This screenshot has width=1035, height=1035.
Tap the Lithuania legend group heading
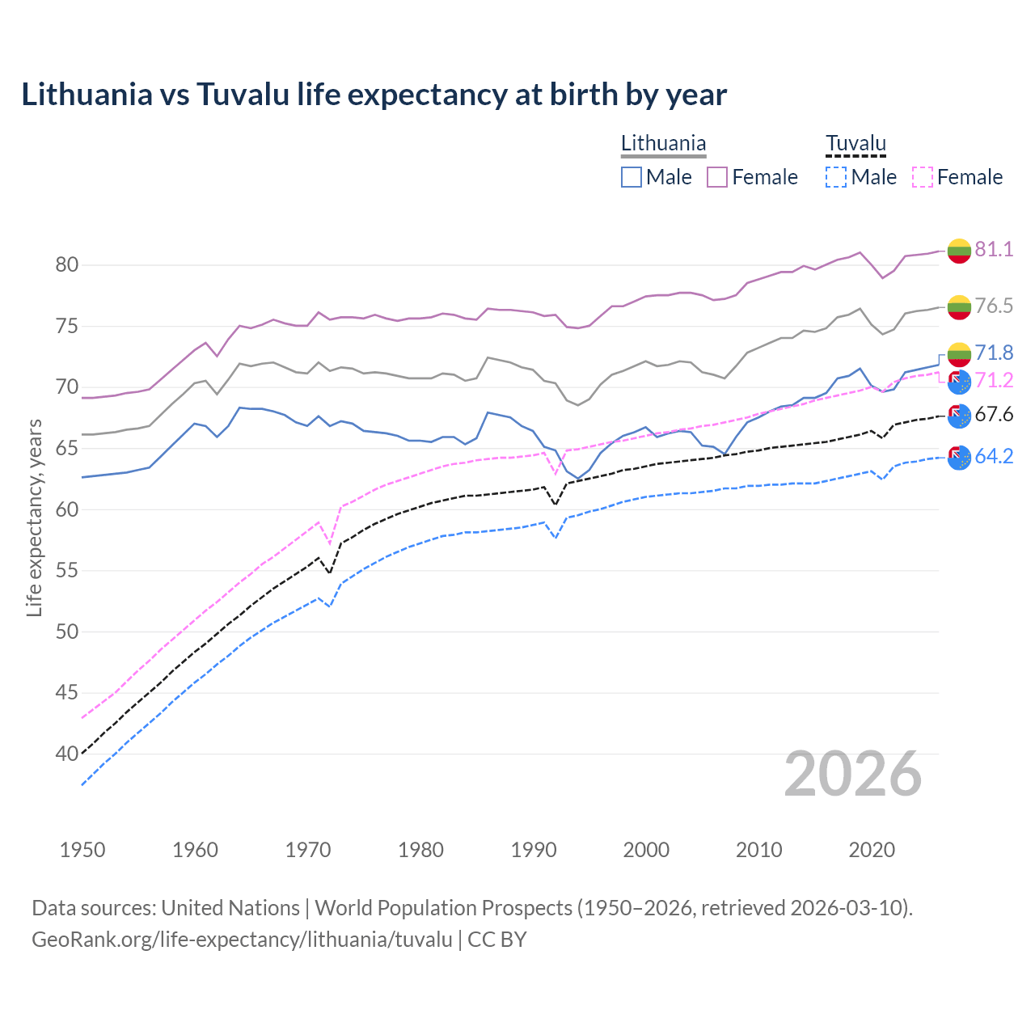pos(663,144)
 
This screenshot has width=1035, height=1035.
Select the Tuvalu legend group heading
pos(855,144)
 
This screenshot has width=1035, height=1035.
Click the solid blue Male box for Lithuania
pos(632,177)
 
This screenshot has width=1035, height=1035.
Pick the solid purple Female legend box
pos(717,177)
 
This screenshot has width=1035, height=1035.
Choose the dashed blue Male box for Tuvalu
pos(836,177)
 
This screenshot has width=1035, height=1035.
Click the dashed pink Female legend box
pos(922,177)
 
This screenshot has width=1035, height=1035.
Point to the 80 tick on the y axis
pos(66,265)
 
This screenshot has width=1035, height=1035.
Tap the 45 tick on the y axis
pos(66,692)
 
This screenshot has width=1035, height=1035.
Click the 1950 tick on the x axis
pos(82,850)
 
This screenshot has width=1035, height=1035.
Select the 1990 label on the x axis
pos(534,850)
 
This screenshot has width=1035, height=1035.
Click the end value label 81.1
pos(994,250)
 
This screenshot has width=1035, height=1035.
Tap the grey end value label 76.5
pos(994,306)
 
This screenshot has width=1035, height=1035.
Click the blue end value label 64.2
pos(994,457)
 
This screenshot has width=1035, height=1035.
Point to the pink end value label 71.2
pos(994,381)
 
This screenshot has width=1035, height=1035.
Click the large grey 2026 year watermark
pos(852,775)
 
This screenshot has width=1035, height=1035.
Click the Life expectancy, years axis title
pos(34,517)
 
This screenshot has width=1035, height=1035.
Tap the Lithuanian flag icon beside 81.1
pos(959,251)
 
